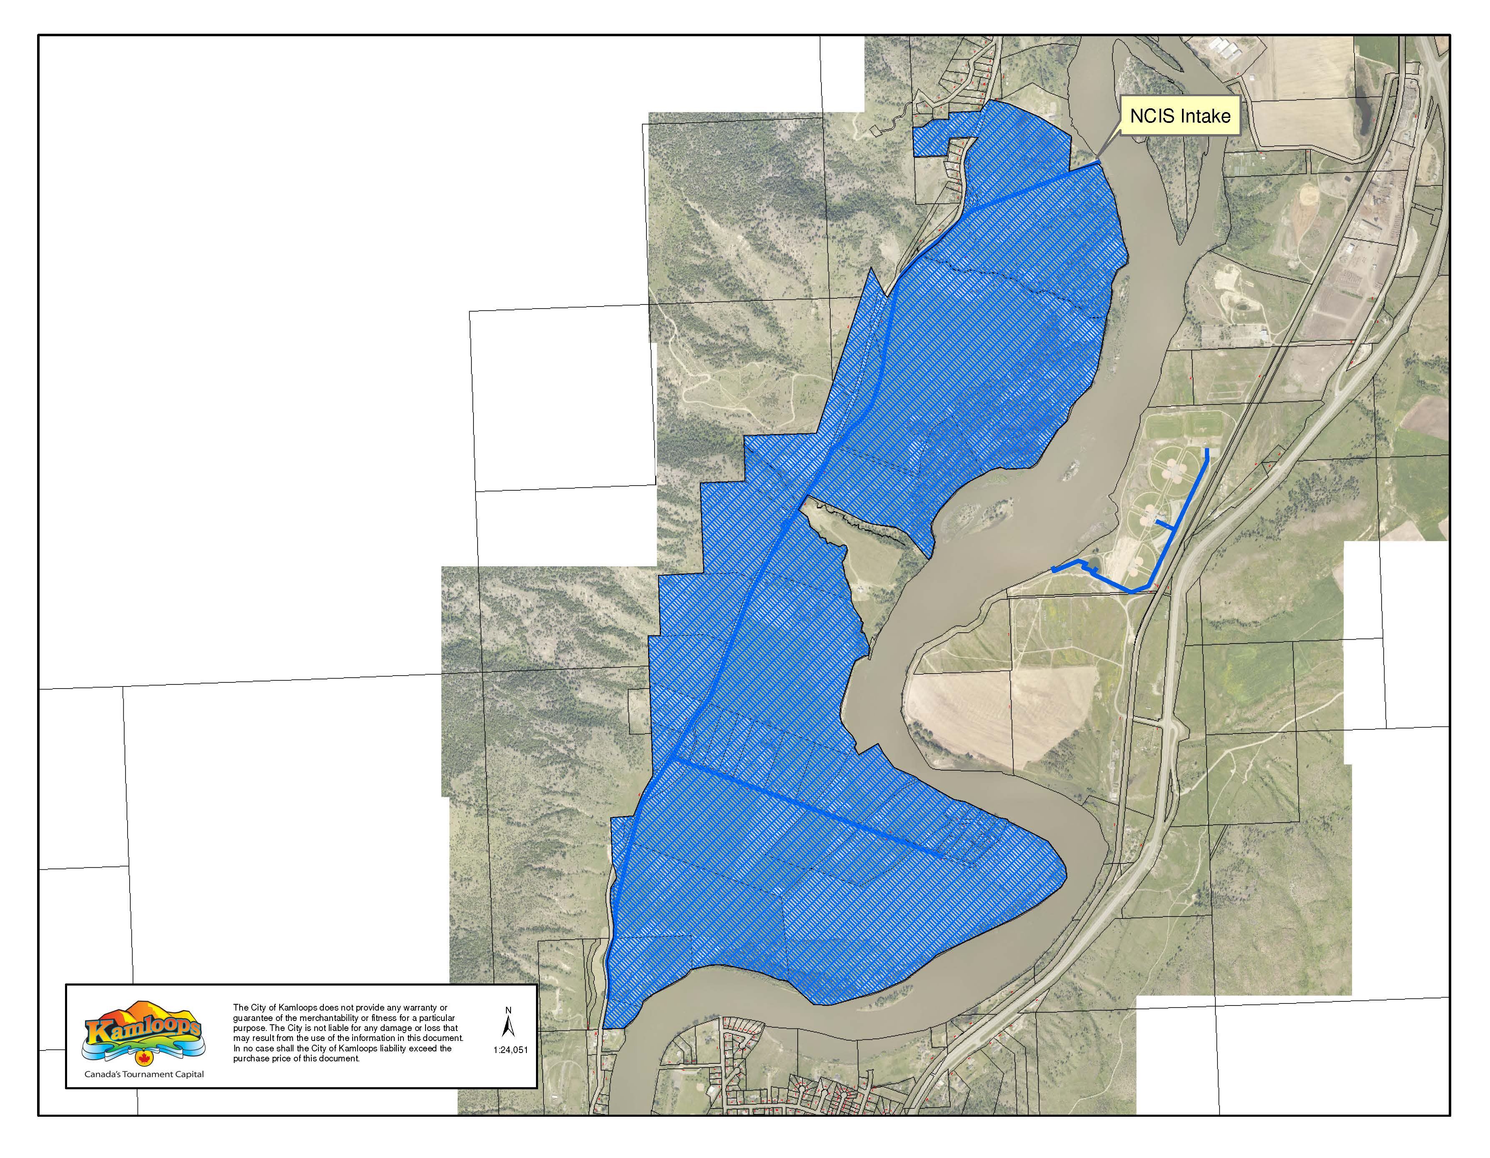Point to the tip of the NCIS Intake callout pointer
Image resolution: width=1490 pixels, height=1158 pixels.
pyautogui.click(x=1098, y=162)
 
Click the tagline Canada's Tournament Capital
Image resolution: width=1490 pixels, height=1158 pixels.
pyautogui.click(x=144, y=1074)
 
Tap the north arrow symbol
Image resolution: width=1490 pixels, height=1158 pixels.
pyautogui.click(x=508, y=1026)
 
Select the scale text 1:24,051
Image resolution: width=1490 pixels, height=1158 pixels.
pyautogui.click(x=510, y=1050)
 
